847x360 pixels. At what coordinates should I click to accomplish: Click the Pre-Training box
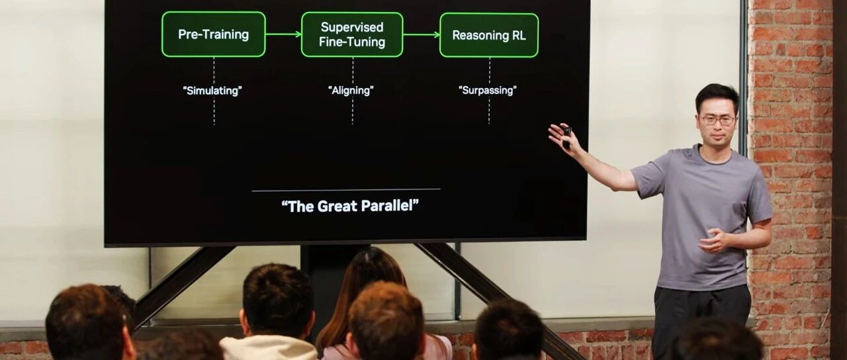click(214, 34)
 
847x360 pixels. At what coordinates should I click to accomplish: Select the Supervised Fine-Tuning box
click(352, 34)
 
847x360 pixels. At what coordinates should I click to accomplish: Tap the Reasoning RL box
click(489, 35)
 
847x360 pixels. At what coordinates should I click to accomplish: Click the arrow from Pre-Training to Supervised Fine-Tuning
click(283, 34)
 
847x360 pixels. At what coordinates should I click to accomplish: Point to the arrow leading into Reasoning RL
click(422, 35)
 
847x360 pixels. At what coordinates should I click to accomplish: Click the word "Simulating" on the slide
click(212, 91)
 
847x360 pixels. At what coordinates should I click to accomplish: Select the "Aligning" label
click(351, 91)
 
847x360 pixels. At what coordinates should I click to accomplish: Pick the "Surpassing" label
click(488, 91)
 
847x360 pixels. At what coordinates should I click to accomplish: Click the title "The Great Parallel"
click(350, 206)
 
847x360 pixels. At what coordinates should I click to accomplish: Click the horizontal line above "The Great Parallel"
click(346, 190)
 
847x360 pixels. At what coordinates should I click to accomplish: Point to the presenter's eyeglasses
click(717, 120)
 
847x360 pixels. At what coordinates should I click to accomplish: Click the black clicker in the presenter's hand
click(566, 136)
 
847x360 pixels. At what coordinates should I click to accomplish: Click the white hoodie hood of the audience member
click(269, 348)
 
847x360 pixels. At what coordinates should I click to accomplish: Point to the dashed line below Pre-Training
click(214, 91)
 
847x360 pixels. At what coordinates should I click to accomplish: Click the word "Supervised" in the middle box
click(352, 27)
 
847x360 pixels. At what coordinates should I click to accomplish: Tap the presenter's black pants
click(701, 322)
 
